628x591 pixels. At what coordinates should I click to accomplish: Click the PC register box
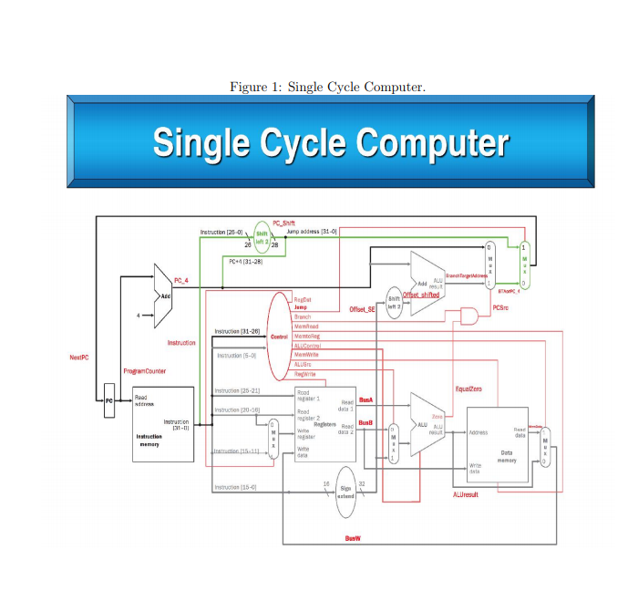108,401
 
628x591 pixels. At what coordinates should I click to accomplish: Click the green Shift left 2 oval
263,234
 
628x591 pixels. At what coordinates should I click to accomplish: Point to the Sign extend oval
345,493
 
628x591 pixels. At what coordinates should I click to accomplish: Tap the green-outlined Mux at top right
523,265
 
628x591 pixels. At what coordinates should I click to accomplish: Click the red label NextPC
79,358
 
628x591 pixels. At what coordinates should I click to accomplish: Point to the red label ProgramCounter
144,371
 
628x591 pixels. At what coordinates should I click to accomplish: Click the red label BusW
352,538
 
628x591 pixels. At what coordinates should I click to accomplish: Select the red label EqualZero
468,389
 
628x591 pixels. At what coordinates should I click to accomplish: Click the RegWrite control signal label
304,374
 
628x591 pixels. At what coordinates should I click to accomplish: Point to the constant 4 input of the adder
138,316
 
